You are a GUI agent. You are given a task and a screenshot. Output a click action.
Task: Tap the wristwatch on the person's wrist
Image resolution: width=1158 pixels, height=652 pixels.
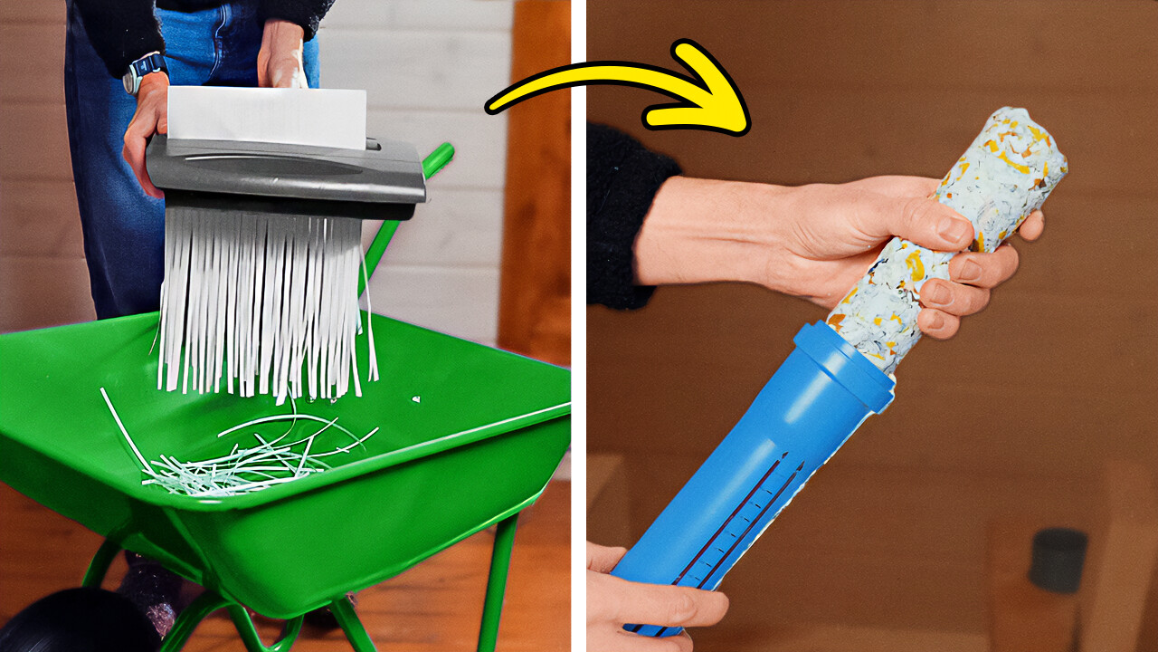click(145, 71)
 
